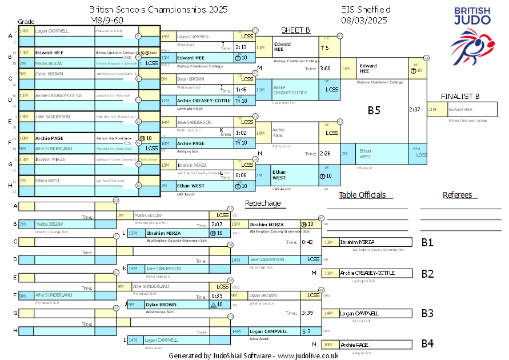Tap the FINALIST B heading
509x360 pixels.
pyautogui.click(x=460, y=96)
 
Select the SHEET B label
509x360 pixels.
pyautogui.click(x=295, y=30)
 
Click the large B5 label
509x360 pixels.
pyautogui.click(x=374, y=111)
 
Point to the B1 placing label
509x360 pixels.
pyautogui.click(x=427, y=242)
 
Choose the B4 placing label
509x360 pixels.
pyautogui.click(x=427, y=344)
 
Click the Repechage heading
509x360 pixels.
pyautogui.click(x=263, y=203)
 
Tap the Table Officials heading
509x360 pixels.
pyautogui.click(x=362, y=195)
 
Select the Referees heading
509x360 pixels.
pyautogui.click(x=458, y=195)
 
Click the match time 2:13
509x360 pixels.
pyautogui.click(x=241, y=47)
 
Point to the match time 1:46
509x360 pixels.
pyautogui.click(x=241, y=90)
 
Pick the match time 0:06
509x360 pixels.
pyautogui.click(x=241, y=175)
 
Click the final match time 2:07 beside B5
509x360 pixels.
pyautogui.click(x=415, y=109)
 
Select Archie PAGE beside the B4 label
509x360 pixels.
pyautogui.click(x=356, y=345)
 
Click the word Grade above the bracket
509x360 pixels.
pyautogui.click(x=26, y=21)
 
